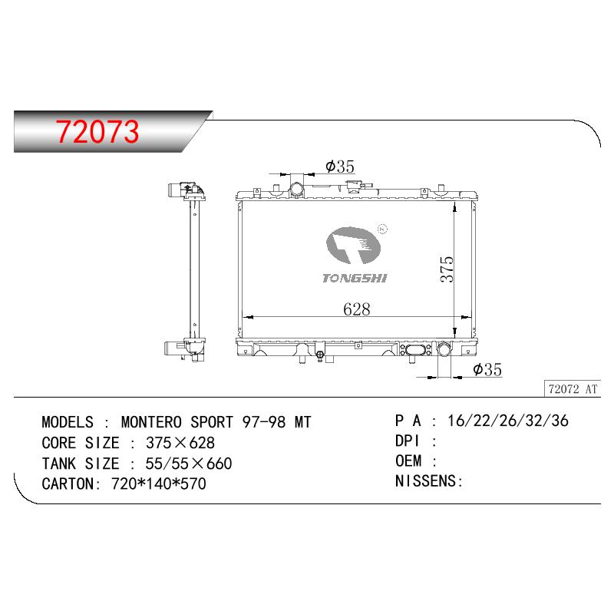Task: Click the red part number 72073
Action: click(97, 131)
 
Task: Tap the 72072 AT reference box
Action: click(573, 389)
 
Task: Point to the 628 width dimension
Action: click(356, 309)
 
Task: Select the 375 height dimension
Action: click(447, 269)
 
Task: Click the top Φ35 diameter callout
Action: click(340, 167)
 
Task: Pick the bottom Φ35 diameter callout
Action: click(487, 369)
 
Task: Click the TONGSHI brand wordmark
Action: click(355, 279)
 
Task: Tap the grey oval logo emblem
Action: click(353, 245)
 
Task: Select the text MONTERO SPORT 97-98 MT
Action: click(216, 422)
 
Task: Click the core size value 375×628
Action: click(180, 443)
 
